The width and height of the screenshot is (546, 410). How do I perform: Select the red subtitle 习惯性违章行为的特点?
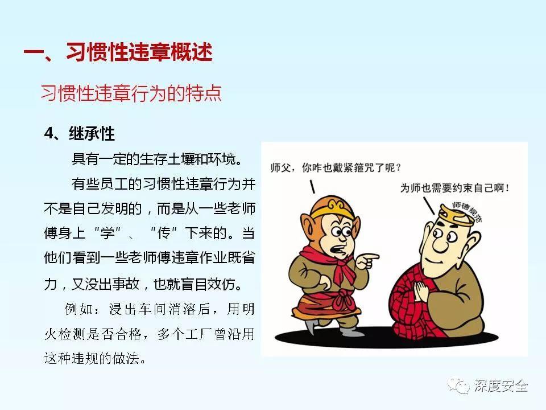coord(131,93)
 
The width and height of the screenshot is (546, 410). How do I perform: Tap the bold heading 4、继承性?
coord(80,134)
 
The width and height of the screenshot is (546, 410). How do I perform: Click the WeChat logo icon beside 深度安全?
coord(457,387)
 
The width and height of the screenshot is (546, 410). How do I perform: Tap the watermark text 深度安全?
coord(500,387)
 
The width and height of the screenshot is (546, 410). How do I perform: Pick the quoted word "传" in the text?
coord(171,234)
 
